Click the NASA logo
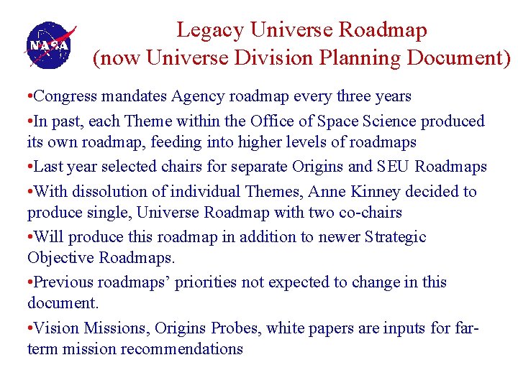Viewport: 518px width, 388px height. click(x=49, y=45)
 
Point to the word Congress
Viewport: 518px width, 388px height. click(x=67, y=96)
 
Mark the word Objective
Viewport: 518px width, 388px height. click(x=60, y=257)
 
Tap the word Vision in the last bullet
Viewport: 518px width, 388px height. click(x=55, y=328)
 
